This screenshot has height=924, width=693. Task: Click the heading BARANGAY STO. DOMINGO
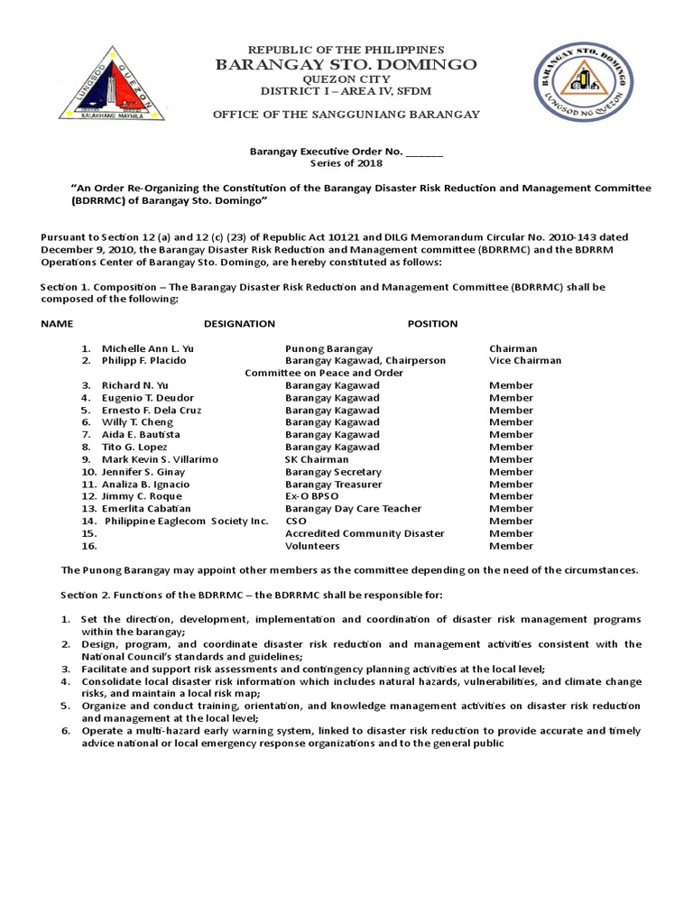pos(346,65)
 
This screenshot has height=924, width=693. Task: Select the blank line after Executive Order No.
pos(425,152)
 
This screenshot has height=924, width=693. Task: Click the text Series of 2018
pos(346,163)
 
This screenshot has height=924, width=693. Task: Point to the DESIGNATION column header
pos(239,323)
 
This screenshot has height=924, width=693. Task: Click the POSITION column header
pos(432,323)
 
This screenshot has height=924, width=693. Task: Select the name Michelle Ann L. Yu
pos(147,348)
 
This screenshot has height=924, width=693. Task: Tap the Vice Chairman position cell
pos(524,360)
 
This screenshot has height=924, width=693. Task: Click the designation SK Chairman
pos(317,459)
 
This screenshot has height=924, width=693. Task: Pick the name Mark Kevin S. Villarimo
pos(160,459)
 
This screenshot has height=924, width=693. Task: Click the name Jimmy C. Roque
pos(141,496)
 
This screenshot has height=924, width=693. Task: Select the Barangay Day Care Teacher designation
pos(353,509)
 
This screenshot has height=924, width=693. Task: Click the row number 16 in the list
pos(88,546)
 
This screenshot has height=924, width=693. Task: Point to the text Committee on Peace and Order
pos(324,373)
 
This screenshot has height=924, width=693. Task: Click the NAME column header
pos(57,323)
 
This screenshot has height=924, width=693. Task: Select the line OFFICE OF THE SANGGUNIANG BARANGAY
pos(346,115)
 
